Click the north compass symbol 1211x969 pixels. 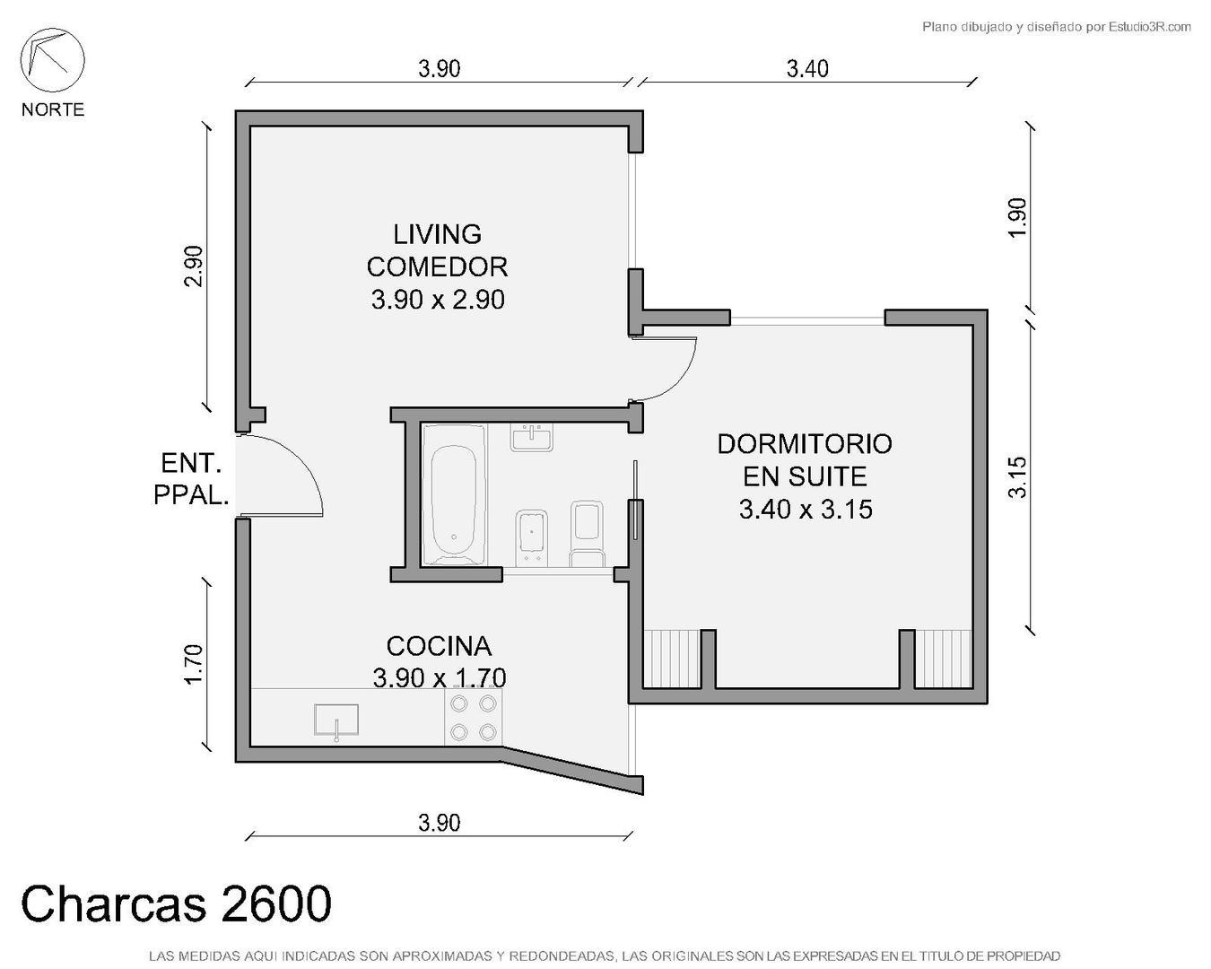click(52, 60)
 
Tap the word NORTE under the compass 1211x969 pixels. click(53, 109)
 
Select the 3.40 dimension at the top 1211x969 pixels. click(807, 68)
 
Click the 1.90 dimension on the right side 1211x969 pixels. click(1016, 217)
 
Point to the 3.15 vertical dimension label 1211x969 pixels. click(1016, 477)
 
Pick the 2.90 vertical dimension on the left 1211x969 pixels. click(193, 266)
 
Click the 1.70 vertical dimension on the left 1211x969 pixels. click(193, 664)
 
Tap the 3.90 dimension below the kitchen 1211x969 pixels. click(439, 822)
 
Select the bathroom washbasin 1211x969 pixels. click(532, 437)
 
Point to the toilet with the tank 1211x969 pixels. click(588, 535)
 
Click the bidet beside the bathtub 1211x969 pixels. click(532, 537)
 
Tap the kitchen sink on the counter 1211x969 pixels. click(336, 720)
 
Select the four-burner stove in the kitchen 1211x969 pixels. click(474, 718)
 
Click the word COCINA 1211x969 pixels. click(439, 646)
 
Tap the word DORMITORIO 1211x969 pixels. click(805, 443)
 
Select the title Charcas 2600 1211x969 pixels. click(176, 904)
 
